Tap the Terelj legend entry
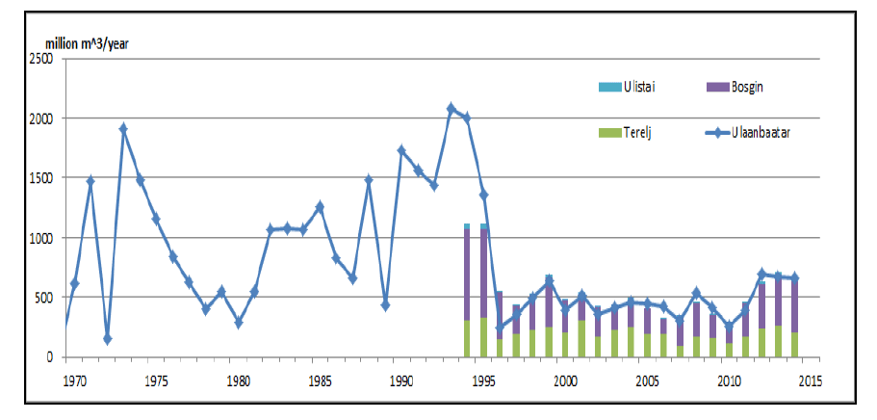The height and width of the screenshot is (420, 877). (626, 131)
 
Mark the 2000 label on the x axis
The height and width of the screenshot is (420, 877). (566, 381)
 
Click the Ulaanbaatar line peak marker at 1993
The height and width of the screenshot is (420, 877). (451, 109)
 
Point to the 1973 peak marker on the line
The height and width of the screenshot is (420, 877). (123, 128)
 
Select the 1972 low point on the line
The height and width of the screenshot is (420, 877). (107, 339)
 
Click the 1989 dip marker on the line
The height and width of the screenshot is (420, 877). (385, 305)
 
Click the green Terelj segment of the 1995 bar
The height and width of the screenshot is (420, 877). (483, 337)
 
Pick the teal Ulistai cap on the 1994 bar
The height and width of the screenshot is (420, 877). (467, 226)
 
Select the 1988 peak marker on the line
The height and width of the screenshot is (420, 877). (369, 180)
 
